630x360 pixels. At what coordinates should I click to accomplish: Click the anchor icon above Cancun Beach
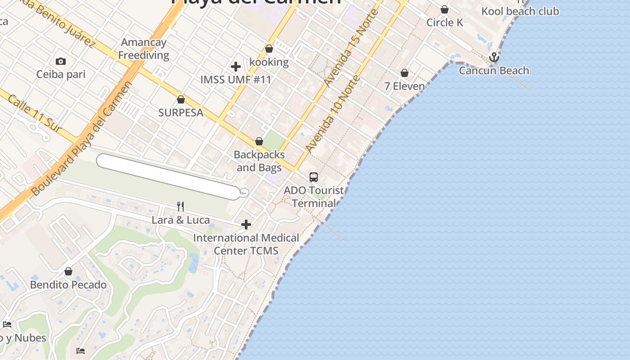494,57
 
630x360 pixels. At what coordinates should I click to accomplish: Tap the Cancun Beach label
494,71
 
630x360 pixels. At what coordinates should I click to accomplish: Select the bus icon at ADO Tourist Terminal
314,177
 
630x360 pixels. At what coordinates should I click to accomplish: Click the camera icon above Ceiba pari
61,61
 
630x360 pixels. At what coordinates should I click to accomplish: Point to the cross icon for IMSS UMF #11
235,67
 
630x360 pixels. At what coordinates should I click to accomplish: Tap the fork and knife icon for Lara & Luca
180,206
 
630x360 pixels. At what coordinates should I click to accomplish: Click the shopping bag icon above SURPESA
181,99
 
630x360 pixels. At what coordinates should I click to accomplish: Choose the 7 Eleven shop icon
405,73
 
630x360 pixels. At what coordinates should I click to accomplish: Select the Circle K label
444,22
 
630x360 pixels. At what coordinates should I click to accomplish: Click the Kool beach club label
520,11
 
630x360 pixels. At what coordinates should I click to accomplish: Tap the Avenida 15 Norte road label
351,47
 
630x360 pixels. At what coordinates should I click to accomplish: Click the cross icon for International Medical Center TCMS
246,224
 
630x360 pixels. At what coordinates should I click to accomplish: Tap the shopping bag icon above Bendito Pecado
68,271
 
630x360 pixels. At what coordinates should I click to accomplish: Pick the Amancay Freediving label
144,49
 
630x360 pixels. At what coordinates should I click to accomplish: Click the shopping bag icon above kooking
269,49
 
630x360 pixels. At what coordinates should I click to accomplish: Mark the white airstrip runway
168,176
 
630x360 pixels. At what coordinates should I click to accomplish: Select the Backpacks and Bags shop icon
259,141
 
